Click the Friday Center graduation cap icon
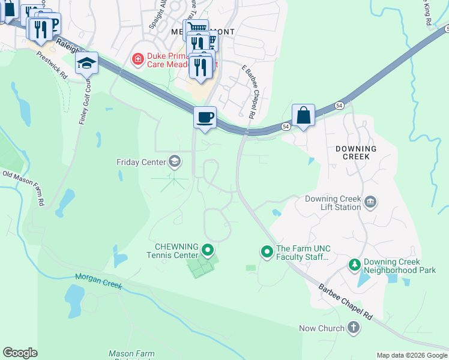(x=174, y=161)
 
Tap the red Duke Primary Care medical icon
(x=137, y=59)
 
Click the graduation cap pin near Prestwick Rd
(x=87, y=63)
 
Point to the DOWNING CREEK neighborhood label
(x=356, y=153)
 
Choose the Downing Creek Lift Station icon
(x=370, y=202)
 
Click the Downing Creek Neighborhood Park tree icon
(x=355, y=265)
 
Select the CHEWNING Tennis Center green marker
(x=208, y=249)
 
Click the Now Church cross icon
(x=354, y=328)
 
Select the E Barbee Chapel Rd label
(x=249, y=92)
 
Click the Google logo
(x=20, y=353)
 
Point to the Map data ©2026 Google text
(x=412, y=355)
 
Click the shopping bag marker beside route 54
(x=304, y=115)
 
